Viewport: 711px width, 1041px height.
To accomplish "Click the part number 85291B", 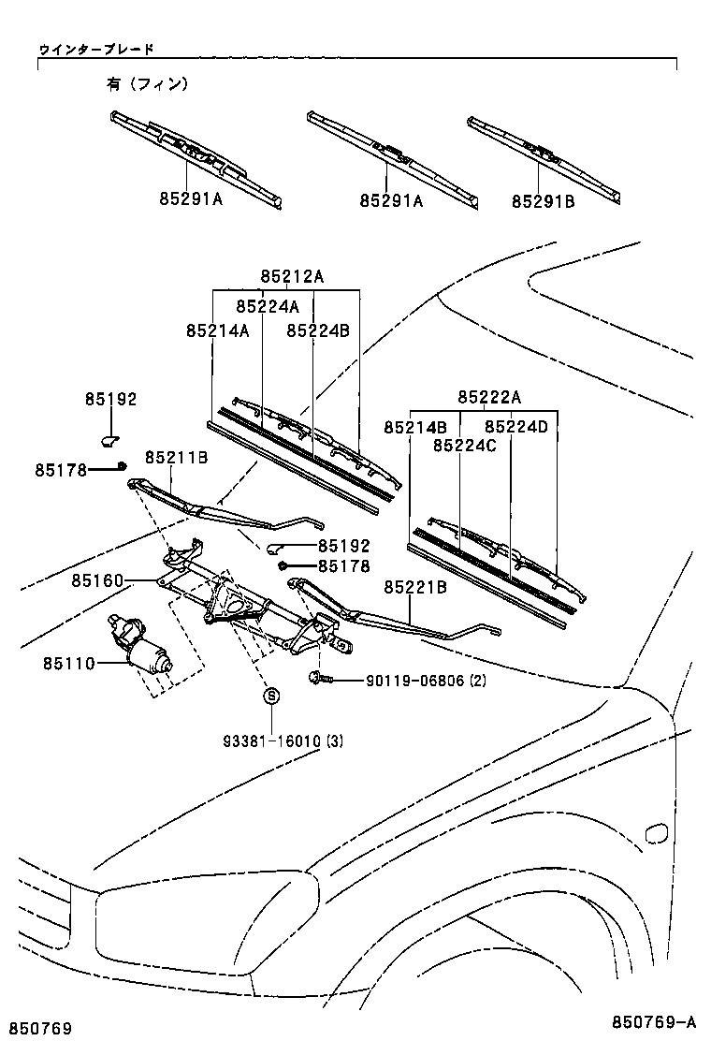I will tap(543, 200).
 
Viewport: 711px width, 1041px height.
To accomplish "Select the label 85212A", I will tap(292, 276).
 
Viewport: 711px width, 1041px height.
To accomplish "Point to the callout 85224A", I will tap(268, 306).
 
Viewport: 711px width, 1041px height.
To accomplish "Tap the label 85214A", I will tap(217, 330).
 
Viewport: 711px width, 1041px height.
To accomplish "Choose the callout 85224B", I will tap(318, 330).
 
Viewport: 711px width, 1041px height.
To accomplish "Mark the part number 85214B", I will tap(414, 427).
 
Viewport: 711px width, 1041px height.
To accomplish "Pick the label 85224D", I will tap(515, 427).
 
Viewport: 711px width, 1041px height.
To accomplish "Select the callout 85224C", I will tap(464, 446).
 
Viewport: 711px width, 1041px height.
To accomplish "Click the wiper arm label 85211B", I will tap(176, 457).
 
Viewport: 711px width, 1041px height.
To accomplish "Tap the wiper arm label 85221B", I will tap(414, 587).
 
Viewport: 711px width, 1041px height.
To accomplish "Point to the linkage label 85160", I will tap(96, 581).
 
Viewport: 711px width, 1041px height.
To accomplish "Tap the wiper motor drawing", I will tap(142, 646).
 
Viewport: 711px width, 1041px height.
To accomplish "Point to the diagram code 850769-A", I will tap(655, 1021).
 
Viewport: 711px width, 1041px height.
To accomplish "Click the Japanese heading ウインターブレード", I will tap(96, 48).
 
